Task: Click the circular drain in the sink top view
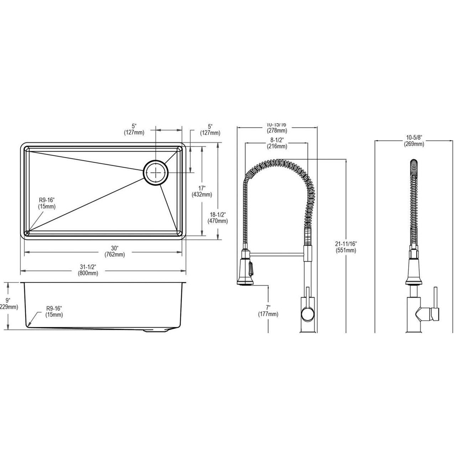155,172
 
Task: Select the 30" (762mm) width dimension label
114,252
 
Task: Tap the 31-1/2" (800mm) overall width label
89,270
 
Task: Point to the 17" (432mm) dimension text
202,191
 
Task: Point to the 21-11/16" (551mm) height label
346,247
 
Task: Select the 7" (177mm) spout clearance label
268,311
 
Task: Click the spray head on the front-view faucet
245,272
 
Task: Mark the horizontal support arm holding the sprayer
277,254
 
